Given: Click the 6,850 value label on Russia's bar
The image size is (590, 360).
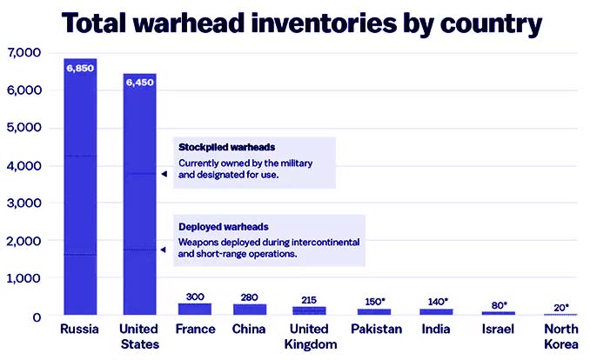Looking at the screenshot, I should [x=80, y=67].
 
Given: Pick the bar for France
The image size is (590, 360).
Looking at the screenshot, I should [x=195, y=309].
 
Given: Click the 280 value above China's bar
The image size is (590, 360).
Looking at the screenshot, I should [x=250, y=297].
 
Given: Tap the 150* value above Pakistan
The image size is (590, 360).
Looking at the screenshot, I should [x=373, y=301].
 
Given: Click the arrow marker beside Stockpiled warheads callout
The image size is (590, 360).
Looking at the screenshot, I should [x=163, y=174].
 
